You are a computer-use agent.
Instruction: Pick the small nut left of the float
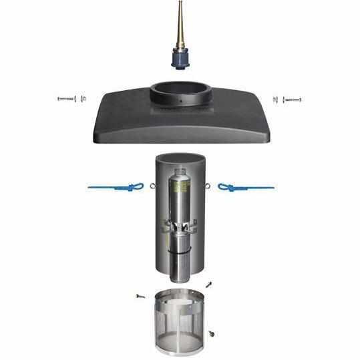pos(83,99)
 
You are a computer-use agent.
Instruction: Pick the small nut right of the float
pos(275,100)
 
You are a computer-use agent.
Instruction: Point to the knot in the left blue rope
pos(134,188)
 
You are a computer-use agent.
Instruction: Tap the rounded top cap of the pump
pos(179,174)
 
